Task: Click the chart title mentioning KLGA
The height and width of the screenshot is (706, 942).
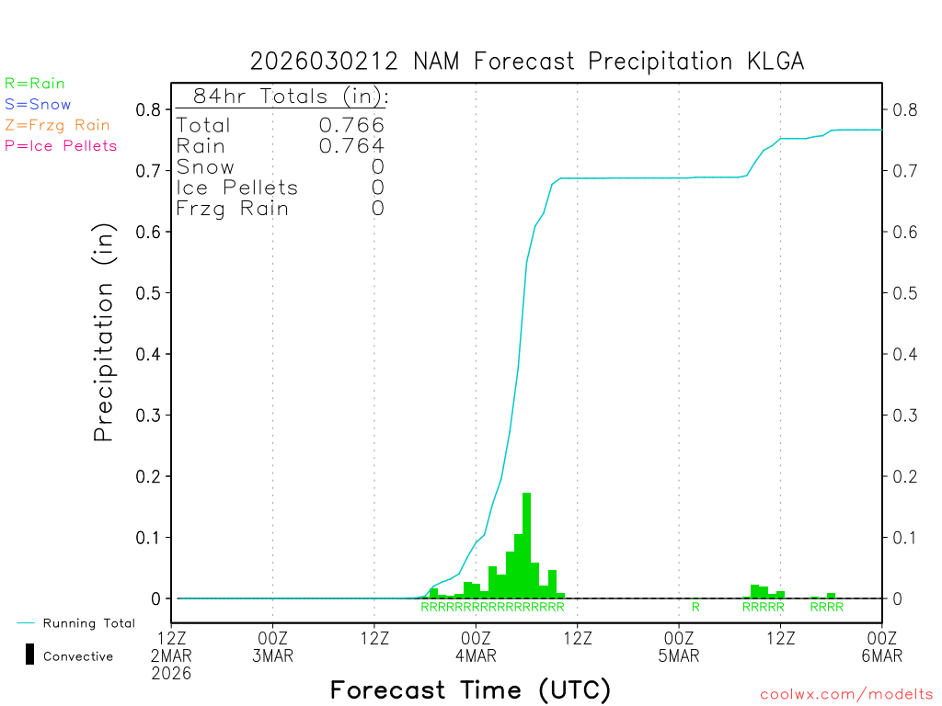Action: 527,62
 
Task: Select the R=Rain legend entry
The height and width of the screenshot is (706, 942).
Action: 35,84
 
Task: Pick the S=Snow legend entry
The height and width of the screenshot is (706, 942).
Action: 38,105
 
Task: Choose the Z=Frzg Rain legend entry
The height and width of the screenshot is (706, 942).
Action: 57,125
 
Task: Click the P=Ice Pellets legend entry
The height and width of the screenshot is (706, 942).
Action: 61,145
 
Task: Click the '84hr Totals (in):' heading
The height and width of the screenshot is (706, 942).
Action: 290,97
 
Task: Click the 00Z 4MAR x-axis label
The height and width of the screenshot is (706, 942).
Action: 476,646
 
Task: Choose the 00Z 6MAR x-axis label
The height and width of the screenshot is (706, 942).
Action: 881,646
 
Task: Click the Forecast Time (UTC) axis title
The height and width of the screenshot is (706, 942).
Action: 470,689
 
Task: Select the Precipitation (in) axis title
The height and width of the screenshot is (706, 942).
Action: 104,335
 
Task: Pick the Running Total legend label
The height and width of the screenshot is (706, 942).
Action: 88,623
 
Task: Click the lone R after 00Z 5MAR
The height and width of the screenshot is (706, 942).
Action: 695,607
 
